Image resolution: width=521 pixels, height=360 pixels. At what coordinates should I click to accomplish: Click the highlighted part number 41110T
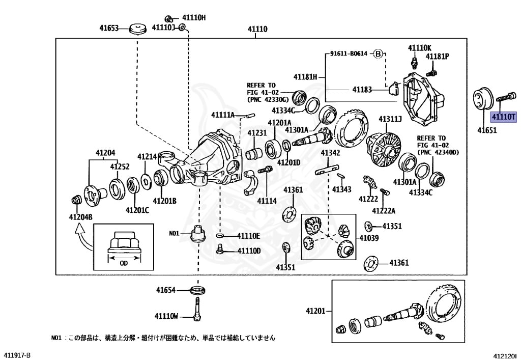[x=503, y=117]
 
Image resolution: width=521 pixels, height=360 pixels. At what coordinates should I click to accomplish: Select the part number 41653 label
[x=109, y=29]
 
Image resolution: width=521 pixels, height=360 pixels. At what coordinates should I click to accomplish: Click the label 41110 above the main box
[x=257, y=29]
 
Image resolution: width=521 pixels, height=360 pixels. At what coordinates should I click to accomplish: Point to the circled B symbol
[x=378, y=53]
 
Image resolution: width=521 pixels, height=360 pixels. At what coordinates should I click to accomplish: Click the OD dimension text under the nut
[x=124, y=263]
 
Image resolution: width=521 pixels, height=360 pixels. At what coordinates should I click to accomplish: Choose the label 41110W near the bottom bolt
[x=167, y=316]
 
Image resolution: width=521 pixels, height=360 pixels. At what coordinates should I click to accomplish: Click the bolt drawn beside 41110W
[x=197, y=311]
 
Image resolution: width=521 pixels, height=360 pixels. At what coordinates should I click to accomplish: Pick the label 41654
[x=165, y=290]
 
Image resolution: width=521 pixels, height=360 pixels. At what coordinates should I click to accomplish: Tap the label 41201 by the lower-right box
[x=315, y=311]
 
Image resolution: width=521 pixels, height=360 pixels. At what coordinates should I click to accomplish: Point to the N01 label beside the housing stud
[x=175, y=234]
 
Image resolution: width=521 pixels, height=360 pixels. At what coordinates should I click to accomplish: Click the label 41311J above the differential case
[x=390, y=119]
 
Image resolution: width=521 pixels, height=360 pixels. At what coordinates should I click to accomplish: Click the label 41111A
[x=223, y=115]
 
